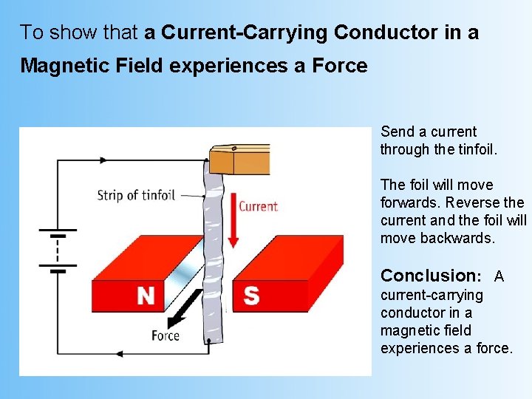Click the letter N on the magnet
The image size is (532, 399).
pyautogui.click(x=146, y=296)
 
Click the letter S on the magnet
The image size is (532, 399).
pyautogui.click(x=251, y=296)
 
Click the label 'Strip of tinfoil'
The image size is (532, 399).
pyautogui.click(x=136, y=195)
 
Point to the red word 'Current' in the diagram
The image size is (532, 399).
pyautogui.click(x=258, y=206)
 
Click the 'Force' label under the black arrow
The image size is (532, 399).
pyautogui.click(x=166, y=335)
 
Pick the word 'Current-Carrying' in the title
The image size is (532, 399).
pyautogui.click(x=245, y=33)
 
